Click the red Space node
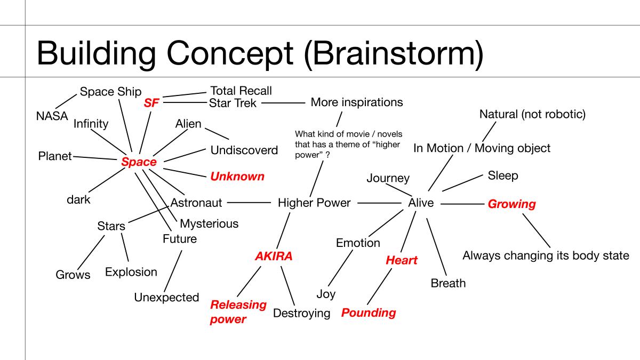[x=139, y=162]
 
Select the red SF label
[x=151, y=103]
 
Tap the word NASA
[x=52, y=116]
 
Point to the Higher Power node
[x=314, y=203]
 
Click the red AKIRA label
[x=274, y=256]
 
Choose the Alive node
[x=421, y=203]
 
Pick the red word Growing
[x=511, y=204]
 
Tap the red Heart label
[x=402, y=260]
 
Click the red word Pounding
[x=369, y=313]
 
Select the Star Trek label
[x=233, y=103]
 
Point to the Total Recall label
[x=241, y=91]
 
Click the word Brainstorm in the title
[x=394, y=54]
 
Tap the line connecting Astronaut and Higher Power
[x=249, y=203]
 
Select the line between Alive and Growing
[x=462, y=204]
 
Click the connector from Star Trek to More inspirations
[x=283, y=103]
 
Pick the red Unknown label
[x=237, y=177]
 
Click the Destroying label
[x=301, y=314]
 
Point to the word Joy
[x=326, y=294]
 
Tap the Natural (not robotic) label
[x=532, y=114]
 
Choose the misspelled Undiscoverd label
[x=244, y=150]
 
